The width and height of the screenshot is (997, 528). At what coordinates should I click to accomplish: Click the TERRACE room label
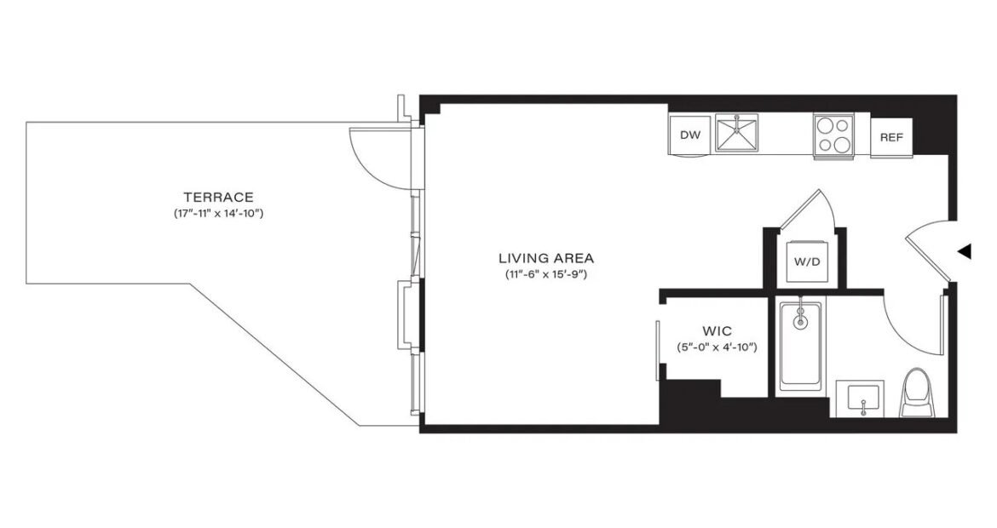pyautogui.click(x=219, y=197)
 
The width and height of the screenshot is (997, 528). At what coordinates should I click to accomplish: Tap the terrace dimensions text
pyautogui.click(x=219, y=214)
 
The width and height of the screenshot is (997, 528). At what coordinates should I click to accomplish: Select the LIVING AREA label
pyautogui.click(x=546, y=258)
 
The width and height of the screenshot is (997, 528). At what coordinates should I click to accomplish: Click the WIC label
pyautogui.click(x=717, y=331)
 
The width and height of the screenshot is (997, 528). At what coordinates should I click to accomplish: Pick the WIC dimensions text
pyautogui.click(x=717, y=347)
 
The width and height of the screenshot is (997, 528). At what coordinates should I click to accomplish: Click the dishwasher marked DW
pyautogui.click(x=690, y=135)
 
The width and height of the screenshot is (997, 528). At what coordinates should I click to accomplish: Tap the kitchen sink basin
pyautogui.click(x=736, y=134)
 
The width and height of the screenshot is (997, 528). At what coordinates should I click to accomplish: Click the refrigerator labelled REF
pyautogui.click(x=891, y=138)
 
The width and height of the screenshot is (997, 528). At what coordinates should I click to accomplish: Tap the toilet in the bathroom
pyautogui.click(x=916, y=392)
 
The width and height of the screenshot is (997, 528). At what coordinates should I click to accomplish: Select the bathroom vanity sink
pyautogui.click(x=859, y=399)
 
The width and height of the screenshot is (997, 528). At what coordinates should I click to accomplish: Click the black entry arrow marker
pyautogui.click(x=965, y=251)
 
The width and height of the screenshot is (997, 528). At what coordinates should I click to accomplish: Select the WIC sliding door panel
pyautogui.click(x=657, y=351)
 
